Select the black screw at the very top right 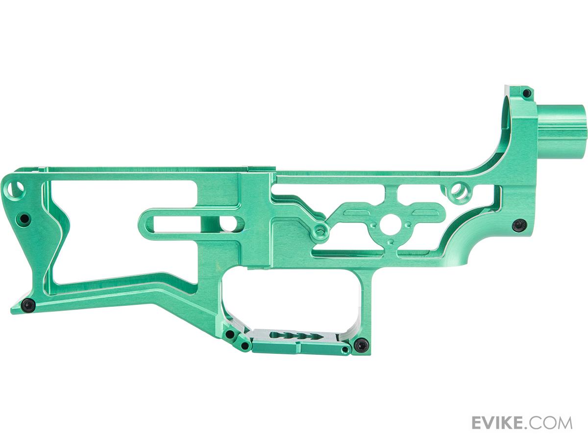[526, 93]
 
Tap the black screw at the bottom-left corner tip [28, 305]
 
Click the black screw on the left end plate [24, 219]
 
